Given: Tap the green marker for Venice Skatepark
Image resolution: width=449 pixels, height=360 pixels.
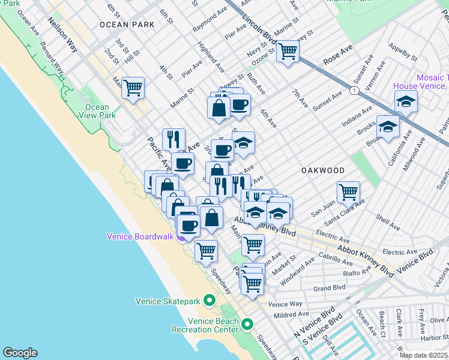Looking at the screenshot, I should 209,299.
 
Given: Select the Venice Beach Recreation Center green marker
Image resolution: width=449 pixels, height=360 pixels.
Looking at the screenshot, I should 247,324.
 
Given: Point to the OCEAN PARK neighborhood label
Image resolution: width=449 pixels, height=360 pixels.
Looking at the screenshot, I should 127,25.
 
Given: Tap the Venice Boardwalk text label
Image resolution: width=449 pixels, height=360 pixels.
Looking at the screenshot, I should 140,236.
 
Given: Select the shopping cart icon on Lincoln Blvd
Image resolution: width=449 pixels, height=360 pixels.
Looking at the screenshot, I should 288,52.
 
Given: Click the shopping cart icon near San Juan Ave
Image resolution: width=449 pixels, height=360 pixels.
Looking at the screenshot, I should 348,193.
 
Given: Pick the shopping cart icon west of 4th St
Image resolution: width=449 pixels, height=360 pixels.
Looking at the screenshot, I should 133,88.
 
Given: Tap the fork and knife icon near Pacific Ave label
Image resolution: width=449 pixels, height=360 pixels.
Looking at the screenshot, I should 173,140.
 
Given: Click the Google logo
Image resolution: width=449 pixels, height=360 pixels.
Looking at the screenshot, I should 20,353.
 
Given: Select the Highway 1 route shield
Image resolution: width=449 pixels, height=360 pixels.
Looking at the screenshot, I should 355,90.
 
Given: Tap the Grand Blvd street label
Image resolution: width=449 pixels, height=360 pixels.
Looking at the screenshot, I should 330,287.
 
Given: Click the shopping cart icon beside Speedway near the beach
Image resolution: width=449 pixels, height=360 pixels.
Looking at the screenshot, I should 206,250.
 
